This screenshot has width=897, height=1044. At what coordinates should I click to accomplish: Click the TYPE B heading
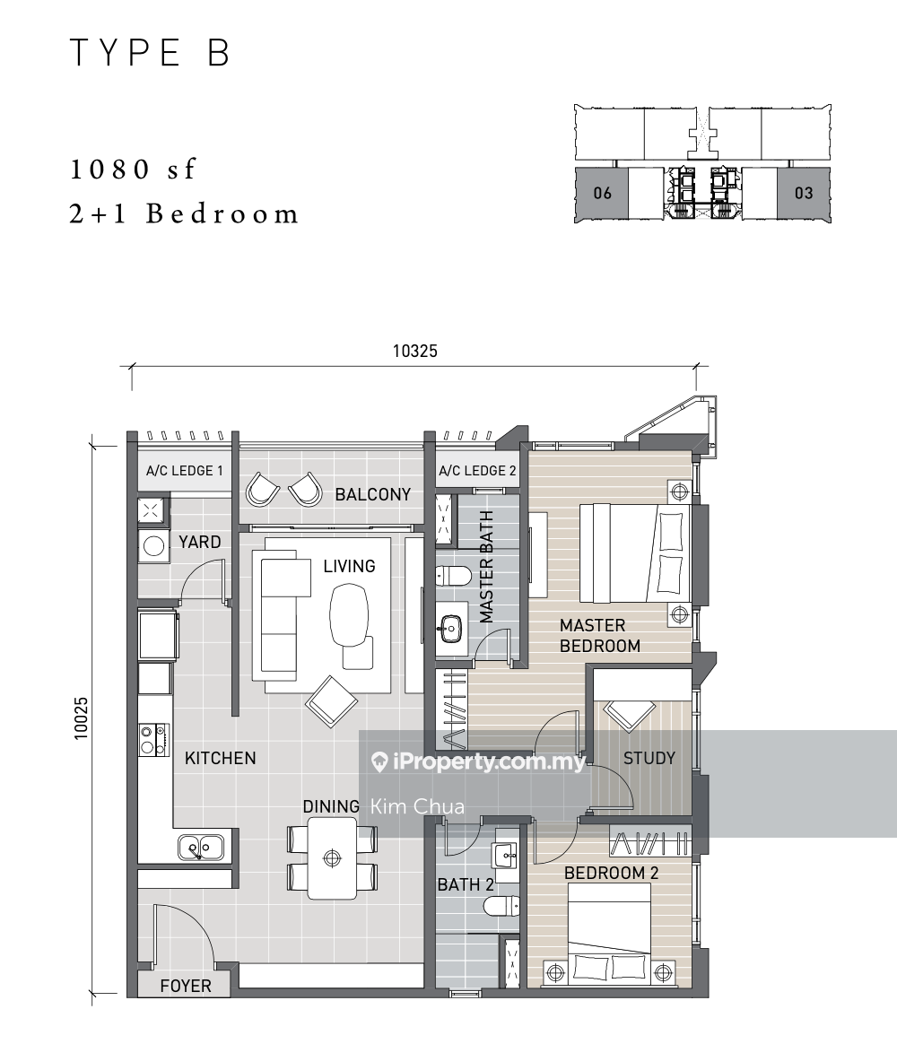point(150,53)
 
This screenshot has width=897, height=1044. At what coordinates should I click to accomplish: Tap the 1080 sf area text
point(133,170)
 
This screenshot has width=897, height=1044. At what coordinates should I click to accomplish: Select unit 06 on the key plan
point(602,193)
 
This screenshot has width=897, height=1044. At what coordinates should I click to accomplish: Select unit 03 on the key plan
point(804,193)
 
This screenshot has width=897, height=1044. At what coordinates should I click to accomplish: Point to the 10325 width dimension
point(415,351)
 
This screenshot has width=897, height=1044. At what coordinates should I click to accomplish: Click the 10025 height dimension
point(81,718)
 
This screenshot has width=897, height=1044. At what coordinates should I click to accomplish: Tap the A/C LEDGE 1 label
point(185,471)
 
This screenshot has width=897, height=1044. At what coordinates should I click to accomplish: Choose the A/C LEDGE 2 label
point(477,471)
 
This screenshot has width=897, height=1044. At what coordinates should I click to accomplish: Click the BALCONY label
point(373,495)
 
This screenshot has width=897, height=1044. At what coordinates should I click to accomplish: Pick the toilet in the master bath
point(453,575)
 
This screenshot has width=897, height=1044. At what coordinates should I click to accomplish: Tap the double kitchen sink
point(201,848)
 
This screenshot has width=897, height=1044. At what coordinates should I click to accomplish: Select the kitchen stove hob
point(153,740)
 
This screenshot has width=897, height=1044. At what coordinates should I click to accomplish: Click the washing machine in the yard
point(153,546)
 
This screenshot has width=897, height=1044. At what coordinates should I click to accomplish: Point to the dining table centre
point(332,858)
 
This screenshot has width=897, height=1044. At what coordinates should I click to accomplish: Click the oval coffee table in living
point(349,614)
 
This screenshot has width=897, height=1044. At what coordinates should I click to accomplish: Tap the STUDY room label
point(649,759)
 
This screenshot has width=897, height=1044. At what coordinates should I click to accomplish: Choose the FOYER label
point(186,986)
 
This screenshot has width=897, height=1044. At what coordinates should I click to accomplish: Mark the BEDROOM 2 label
point(612,873)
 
